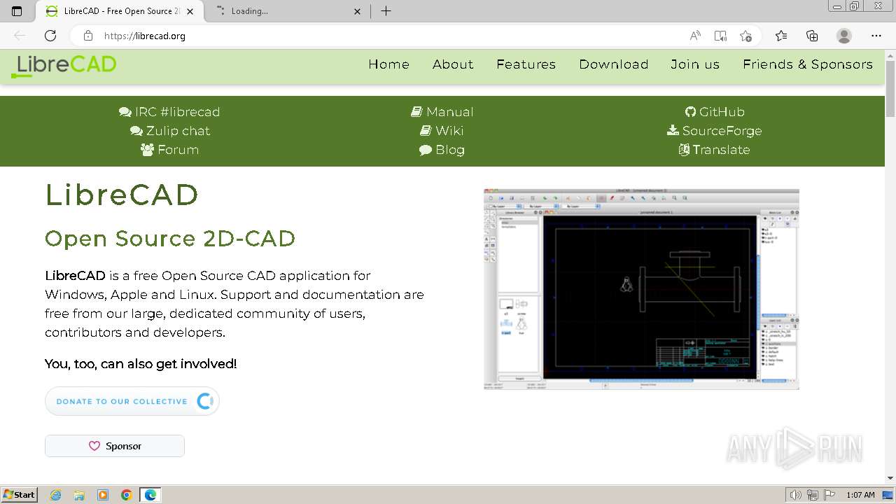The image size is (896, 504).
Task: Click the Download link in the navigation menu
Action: click(x=613, y=64)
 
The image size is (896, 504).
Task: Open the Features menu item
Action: click(x=526, y=64)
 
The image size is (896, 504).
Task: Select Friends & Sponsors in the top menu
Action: click(x=807, y=64)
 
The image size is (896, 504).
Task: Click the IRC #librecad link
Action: click(x=169, y=112)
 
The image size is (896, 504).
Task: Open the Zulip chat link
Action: click(x=170, y=131)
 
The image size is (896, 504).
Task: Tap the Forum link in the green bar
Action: click(x=169, y=150)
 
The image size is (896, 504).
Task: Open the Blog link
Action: click(x=442, y=150)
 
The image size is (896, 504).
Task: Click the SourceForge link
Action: click(x=714, y=131)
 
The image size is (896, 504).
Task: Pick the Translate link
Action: click(x=714, y=150)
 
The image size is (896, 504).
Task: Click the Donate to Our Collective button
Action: click(x=132, y=401)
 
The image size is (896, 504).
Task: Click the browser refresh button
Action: click(x=50, y=36)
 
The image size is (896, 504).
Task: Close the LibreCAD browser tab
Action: click(x=192, y=11)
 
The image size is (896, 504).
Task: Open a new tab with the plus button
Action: click(x=386, y=11)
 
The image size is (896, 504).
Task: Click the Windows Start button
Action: click(x=19, y=495)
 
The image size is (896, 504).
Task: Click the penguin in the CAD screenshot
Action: click(x=626, y=283)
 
